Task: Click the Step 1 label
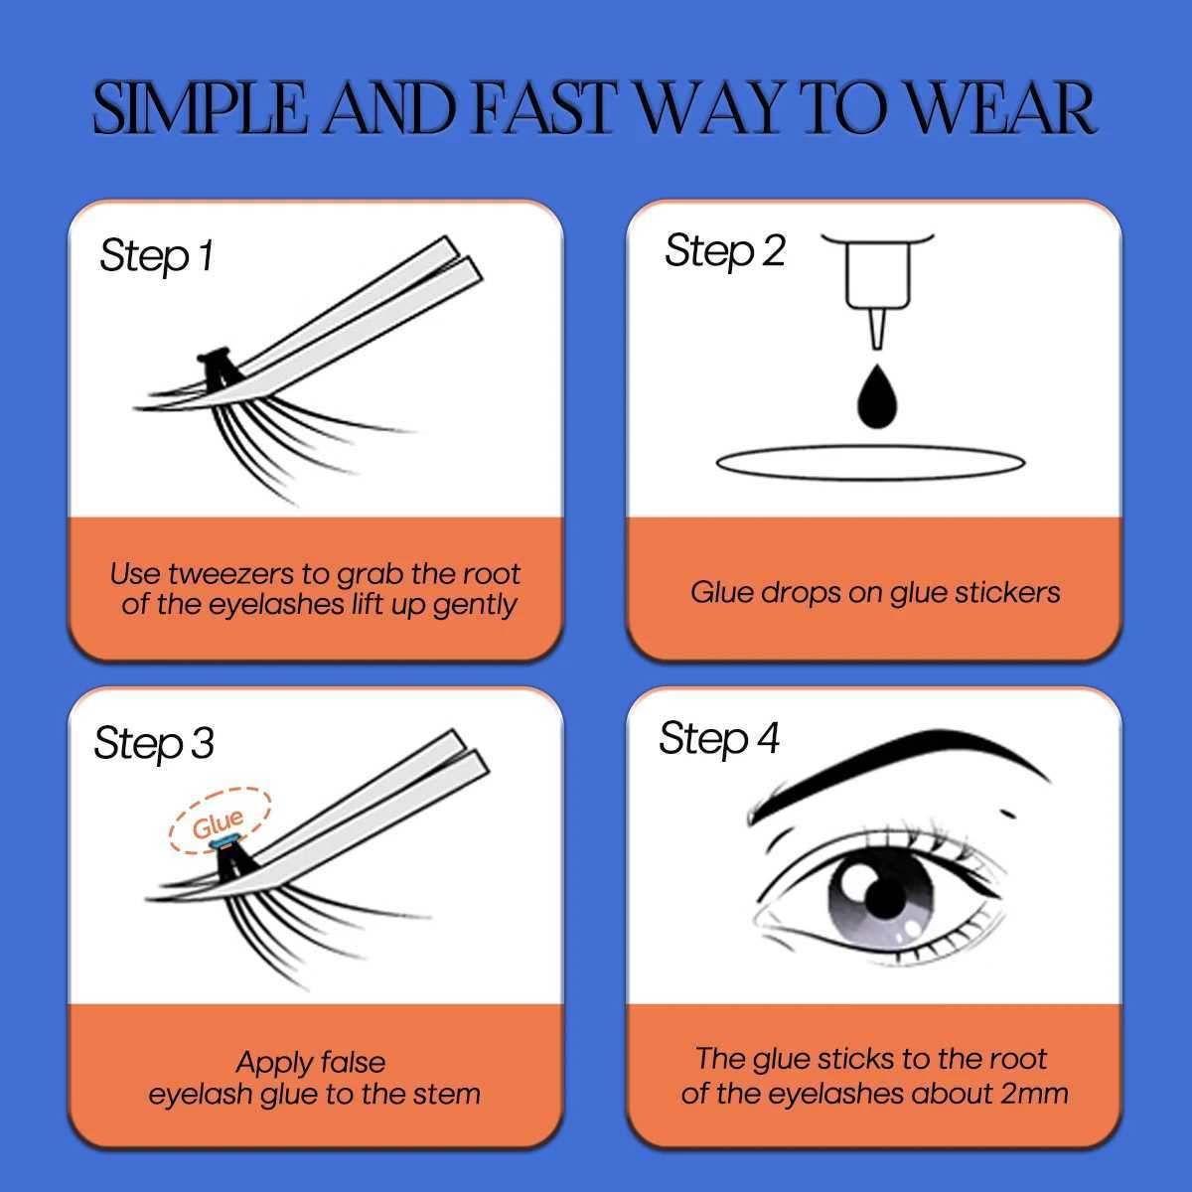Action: click(x=156, y=256)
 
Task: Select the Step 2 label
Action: click(x=724, y=250)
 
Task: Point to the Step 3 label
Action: click(x=154, y=743)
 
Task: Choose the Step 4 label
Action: click(x=719, y=738)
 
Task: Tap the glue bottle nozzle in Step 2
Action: click(x=874, y=328)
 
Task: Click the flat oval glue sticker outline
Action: click(x=870, y=463)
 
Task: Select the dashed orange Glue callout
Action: click(x=219, y=820)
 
